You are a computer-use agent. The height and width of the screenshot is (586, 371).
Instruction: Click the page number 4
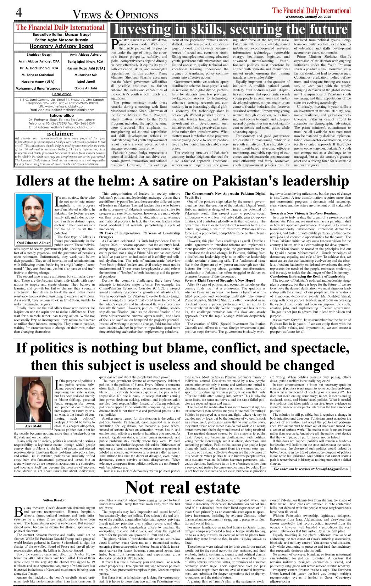click(18, 13)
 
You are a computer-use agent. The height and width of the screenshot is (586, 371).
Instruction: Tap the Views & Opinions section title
click(115, 15)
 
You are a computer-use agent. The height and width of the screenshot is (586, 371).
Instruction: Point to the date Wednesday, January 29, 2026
click(308, 17)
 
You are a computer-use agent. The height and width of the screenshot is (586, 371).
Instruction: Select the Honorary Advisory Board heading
click(61, 46)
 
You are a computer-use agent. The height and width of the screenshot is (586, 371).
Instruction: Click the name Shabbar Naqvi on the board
click(39, 55)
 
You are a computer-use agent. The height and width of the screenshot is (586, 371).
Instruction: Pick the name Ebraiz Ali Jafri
click(85, 88)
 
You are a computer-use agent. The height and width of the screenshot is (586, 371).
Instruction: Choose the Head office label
click(62, 94)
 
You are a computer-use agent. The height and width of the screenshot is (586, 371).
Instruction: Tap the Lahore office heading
click(62, 116)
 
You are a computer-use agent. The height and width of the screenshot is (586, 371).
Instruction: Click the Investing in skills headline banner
click(231, 29)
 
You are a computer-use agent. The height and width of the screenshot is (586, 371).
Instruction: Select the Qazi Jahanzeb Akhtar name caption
click(33, 243)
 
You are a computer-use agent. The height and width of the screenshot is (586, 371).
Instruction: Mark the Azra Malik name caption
click(33, 426)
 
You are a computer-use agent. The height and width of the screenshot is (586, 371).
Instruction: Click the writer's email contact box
click(311, 469)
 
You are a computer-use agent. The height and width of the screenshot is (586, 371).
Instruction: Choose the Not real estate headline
click(183, 487)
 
